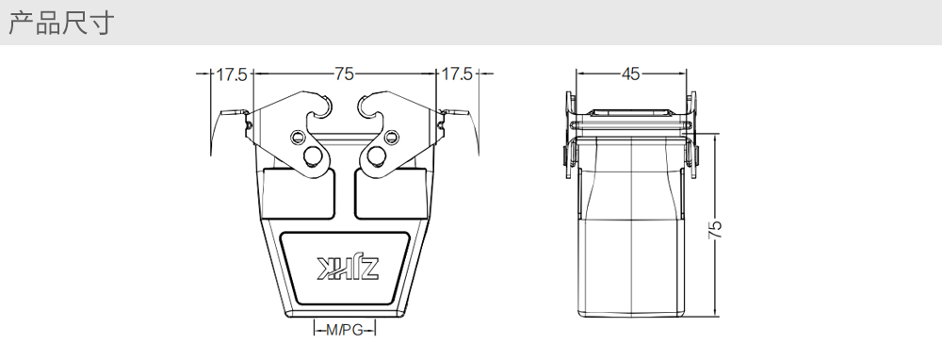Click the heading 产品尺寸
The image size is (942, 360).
tap(60, 23)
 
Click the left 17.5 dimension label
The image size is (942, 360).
tap(232, 74)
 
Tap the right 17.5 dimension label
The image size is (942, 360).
tap(457, 74)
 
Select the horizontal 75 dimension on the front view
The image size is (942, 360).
tap(344, 74)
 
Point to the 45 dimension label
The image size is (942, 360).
tap(630, 74)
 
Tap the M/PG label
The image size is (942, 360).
tap(344, 330)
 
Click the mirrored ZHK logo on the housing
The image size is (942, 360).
tap(348, 268)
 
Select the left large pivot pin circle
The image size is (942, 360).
tap(313, 156)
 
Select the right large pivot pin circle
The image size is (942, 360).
tap(377, 156)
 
